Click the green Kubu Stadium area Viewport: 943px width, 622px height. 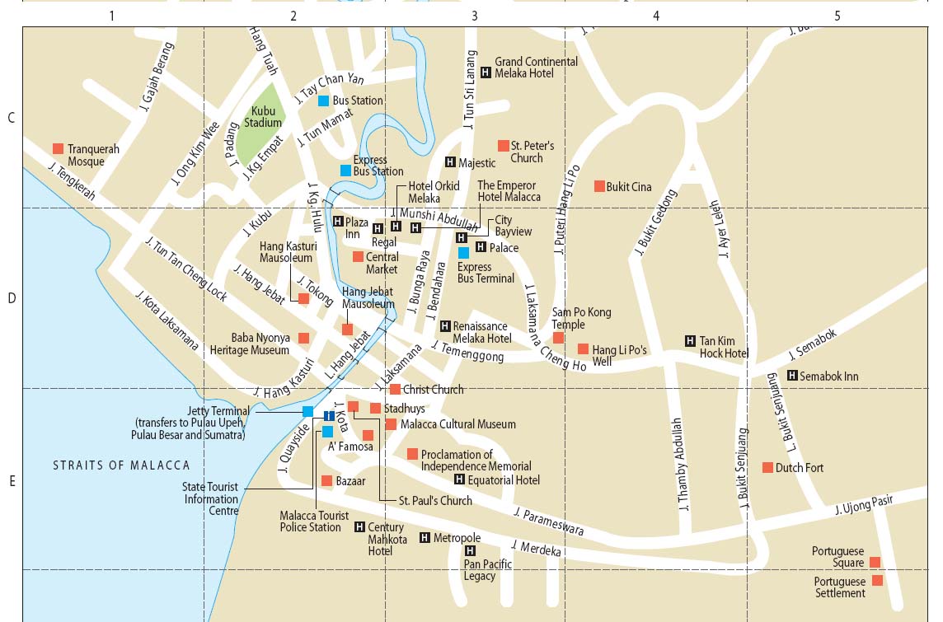262,124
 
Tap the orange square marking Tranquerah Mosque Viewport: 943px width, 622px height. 59,149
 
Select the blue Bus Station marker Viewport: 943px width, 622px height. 324,101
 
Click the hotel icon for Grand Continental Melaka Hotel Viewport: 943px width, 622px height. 486,72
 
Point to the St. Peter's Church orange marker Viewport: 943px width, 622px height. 503,146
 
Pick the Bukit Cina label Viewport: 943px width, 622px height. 629,187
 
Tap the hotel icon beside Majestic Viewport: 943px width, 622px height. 450,162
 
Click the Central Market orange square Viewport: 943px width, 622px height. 358,257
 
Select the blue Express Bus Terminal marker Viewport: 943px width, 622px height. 463,252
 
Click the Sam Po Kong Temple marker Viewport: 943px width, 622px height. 558,338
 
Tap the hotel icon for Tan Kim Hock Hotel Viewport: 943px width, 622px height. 690,341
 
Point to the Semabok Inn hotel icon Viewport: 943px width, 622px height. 792,376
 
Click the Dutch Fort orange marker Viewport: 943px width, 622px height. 767,468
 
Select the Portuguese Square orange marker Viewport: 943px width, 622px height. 875,563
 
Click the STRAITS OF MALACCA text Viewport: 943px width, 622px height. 121,465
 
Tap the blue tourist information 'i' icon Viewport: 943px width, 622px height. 329,416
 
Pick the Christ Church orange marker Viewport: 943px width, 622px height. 395,390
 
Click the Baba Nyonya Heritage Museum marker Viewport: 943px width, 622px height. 303,339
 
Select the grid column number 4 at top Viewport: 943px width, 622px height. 656,15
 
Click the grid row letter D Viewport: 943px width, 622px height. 12,298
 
